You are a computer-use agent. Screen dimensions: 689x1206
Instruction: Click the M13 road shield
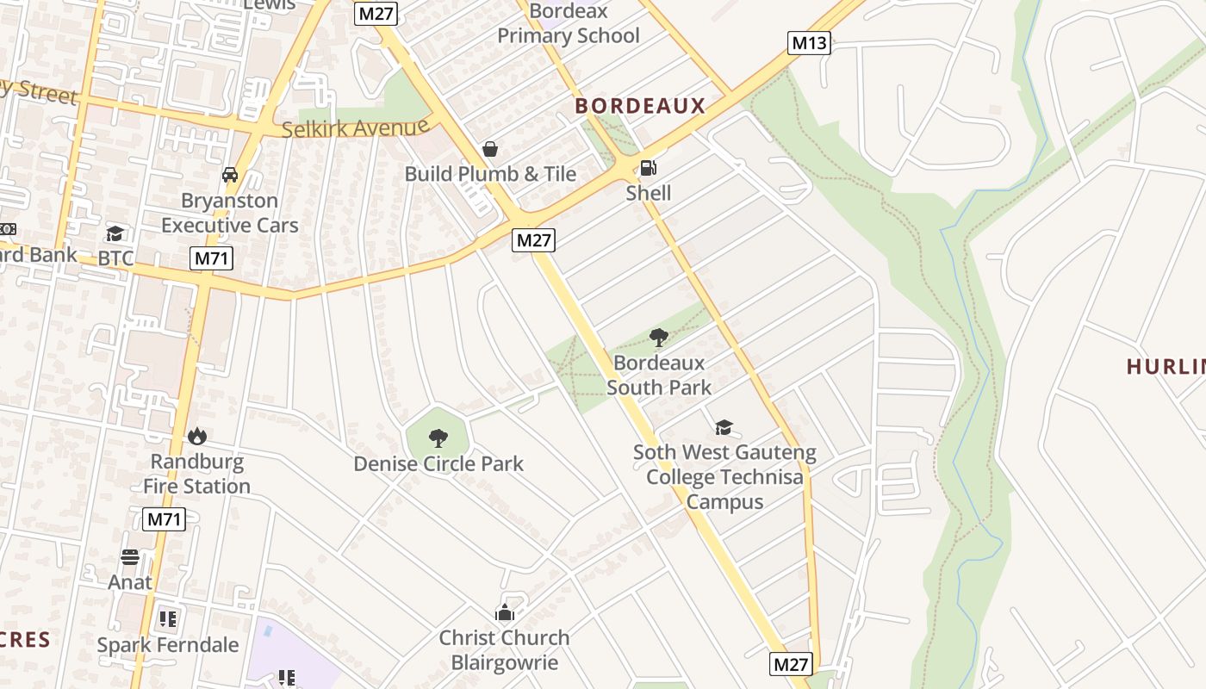tap(809, 43)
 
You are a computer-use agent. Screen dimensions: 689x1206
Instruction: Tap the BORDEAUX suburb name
tap(640, 106)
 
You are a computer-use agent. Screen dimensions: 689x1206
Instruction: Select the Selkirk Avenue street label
tap(356, 128)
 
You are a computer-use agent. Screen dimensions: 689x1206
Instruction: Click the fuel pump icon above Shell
tap(649, 168)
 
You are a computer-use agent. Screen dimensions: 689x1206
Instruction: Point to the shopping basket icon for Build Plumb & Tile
tap(490, 149)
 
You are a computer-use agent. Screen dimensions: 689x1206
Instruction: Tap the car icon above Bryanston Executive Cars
tap(230, 175)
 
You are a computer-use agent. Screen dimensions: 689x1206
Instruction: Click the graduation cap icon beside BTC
tap(115, 233)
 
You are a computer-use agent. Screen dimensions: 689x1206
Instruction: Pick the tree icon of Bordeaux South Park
tap(659, 337)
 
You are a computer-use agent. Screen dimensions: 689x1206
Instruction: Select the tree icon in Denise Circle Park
tap(438, 438)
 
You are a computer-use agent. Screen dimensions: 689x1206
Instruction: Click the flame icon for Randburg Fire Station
tap(197, 437)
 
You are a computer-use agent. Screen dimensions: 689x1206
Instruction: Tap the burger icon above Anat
tap(130, 557)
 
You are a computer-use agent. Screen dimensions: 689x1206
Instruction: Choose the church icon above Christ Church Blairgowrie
tap(505, 612)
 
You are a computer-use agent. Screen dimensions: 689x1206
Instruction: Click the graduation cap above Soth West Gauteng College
tap(724, 427)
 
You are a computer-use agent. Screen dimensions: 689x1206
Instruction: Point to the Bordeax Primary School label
tap(569, 24)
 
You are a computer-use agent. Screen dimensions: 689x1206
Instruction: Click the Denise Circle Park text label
tap(438, 463)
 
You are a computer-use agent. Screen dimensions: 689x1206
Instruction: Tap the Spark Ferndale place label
tap(168, 645)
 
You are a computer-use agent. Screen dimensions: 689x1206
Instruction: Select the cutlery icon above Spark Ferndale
tap(168, 618)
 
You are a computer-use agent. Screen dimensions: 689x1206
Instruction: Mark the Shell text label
tap(649, 193)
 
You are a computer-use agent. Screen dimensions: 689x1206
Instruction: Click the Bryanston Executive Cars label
tap(230, 213)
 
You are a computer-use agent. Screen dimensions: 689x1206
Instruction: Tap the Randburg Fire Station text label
tap(197, 474)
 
